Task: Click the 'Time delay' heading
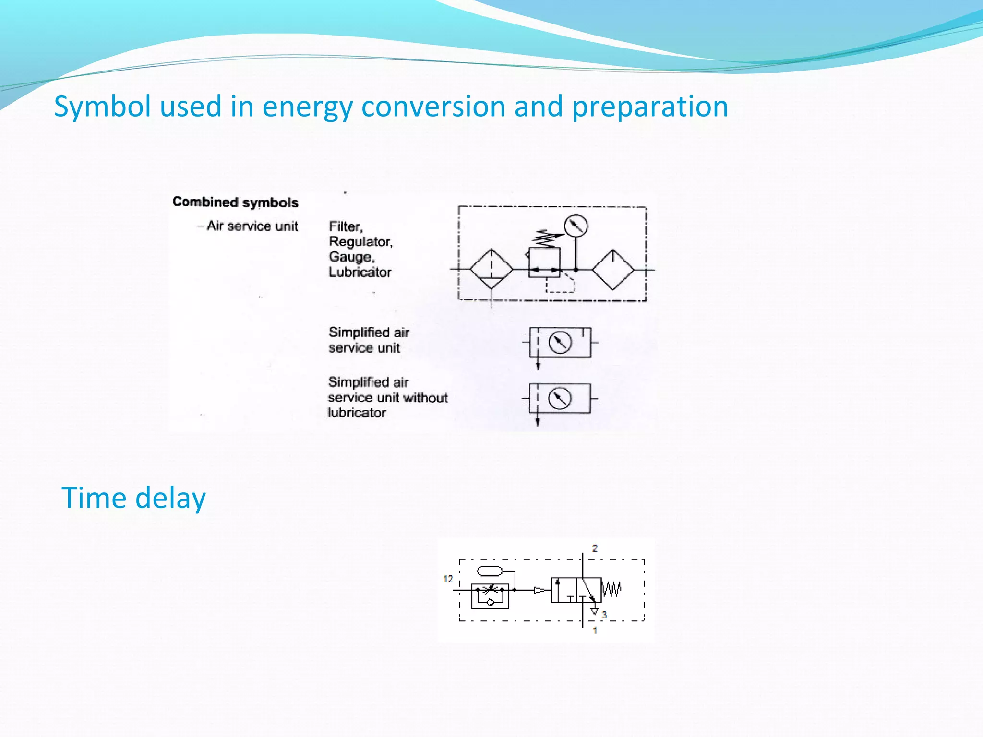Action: click(133, 498)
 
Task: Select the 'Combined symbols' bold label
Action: click(235, 202)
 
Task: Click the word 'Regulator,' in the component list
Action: click(360, 241)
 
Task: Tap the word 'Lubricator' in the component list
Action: click(360, 272)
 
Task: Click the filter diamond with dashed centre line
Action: click(491, 269)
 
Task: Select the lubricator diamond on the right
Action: click(612, 270)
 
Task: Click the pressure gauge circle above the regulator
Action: click(575, 226)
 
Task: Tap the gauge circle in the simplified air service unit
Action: click(560, 343)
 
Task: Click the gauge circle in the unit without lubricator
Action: click(559, 398)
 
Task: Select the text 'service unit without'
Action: click(387, 398)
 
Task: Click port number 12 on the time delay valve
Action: click(448, 579)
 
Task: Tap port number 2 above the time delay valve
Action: click(595, 548)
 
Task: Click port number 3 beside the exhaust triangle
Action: click(604, 614)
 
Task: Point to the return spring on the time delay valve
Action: click(611, 589)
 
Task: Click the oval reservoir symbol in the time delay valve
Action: click(489, 571)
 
